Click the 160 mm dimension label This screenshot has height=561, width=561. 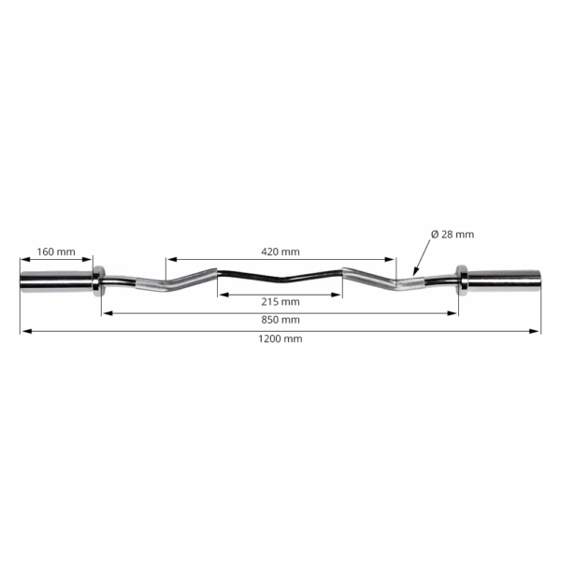click(x=56, y=252)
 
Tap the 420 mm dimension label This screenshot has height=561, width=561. click(x=281, y=252)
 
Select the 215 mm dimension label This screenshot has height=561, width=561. click(x=281, y=301)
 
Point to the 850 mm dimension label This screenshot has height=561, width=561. click(x=281, y=320)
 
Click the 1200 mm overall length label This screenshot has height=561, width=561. click(x=281, y=338)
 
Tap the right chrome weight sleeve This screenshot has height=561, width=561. click(x=505, y=279)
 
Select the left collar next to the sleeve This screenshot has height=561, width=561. click(x=99, y=279)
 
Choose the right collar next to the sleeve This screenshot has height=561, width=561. click(x=461, y=279)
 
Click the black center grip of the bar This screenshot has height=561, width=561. click(x=280, y=278)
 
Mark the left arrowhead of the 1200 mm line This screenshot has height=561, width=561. click(x=23, y=330)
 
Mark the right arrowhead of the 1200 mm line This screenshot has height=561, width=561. click(x=538, y=330)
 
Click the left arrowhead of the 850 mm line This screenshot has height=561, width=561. click(x=106, y=312)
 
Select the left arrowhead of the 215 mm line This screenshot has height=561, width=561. click(x=222, y=294)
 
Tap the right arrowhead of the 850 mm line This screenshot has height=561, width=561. click(x=454, y=312)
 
